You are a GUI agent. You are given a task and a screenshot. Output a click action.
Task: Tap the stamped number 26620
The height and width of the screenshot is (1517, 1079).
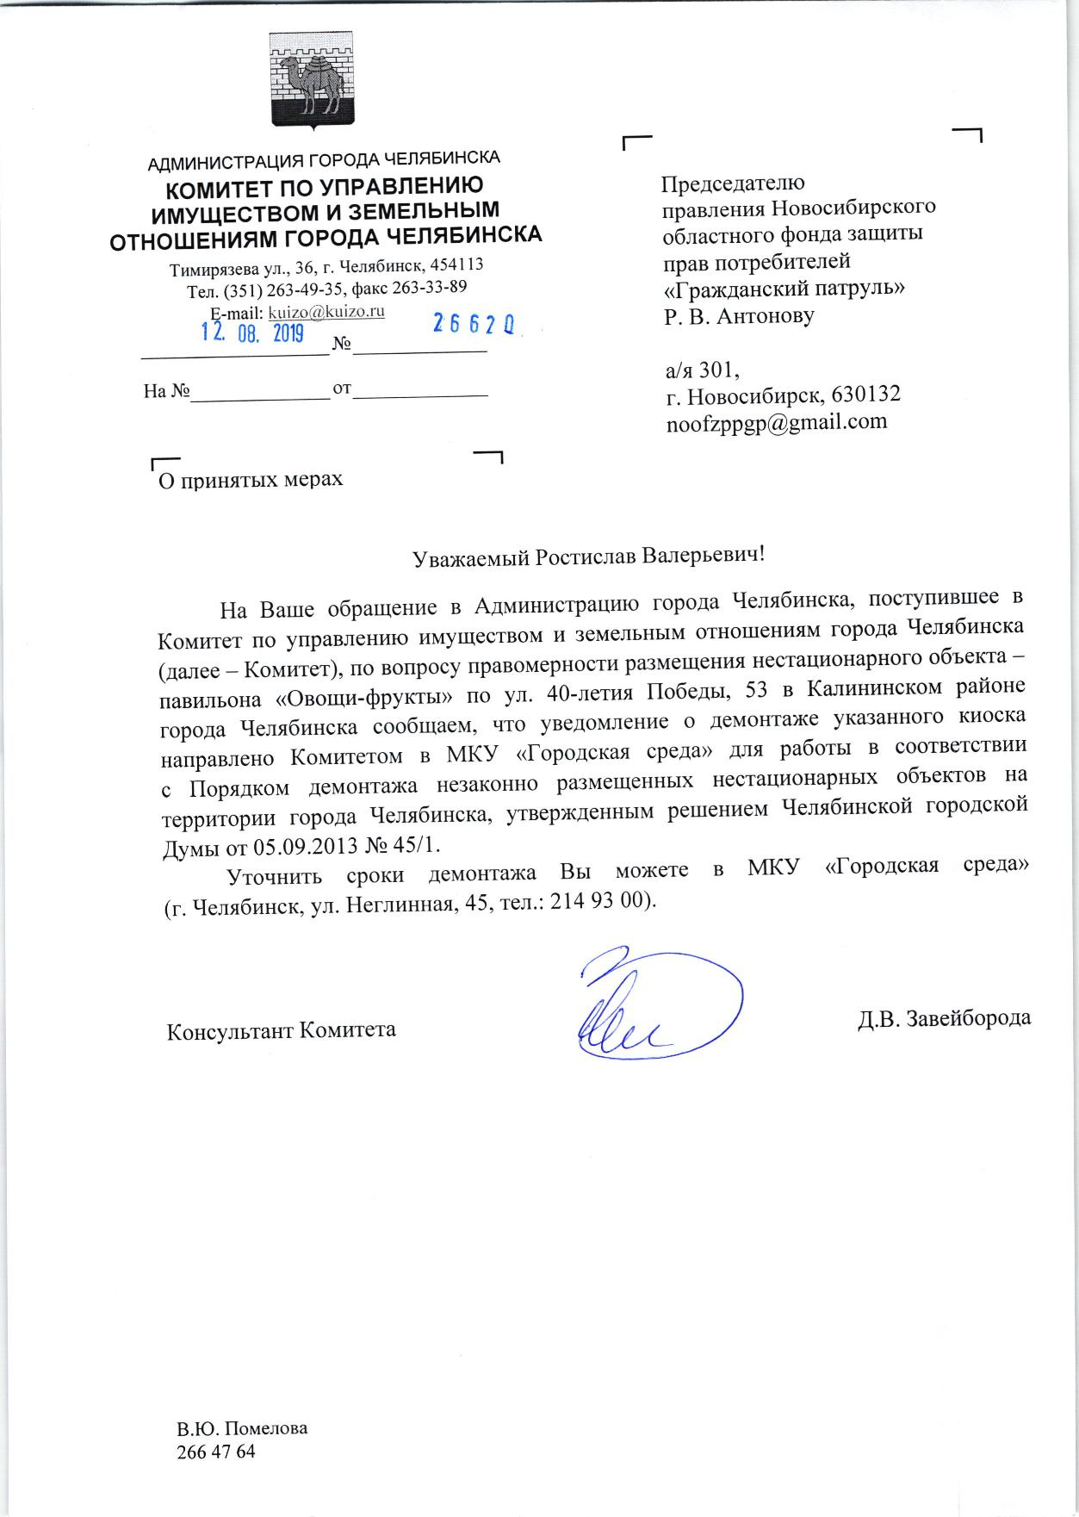coord(474,325)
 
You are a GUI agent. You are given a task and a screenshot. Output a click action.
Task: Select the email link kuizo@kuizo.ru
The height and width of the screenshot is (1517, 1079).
coord(326,311)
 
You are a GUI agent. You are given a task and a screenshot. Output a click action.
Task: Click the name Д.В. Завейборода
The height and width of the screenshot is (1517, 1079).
coord(944,1017)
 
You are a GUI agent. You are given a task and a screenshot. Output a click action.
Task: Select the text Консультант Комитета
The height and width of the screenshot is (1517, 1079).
coord(281,1030)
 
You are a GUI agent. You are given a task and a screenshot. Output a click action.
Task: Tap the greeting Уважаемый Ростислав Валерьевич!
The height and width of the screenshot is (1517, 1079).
coord(589,556)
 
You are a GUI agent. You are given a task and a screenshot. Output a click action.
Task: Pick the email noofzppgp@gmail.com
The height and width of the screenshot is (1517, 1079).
coord(776,421)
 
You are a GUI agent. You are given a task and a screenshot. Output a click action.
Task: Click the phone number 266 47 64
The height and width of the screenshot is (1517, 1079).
coord(215,1452)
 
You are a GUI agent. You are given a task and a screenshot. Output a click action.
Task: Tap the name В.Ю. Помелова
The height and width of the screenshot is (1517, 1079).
coord(242,1427)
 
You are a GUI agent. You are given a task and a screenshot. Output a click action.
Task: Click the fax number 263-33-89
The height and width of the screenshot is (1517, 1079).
coord(430,286)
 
